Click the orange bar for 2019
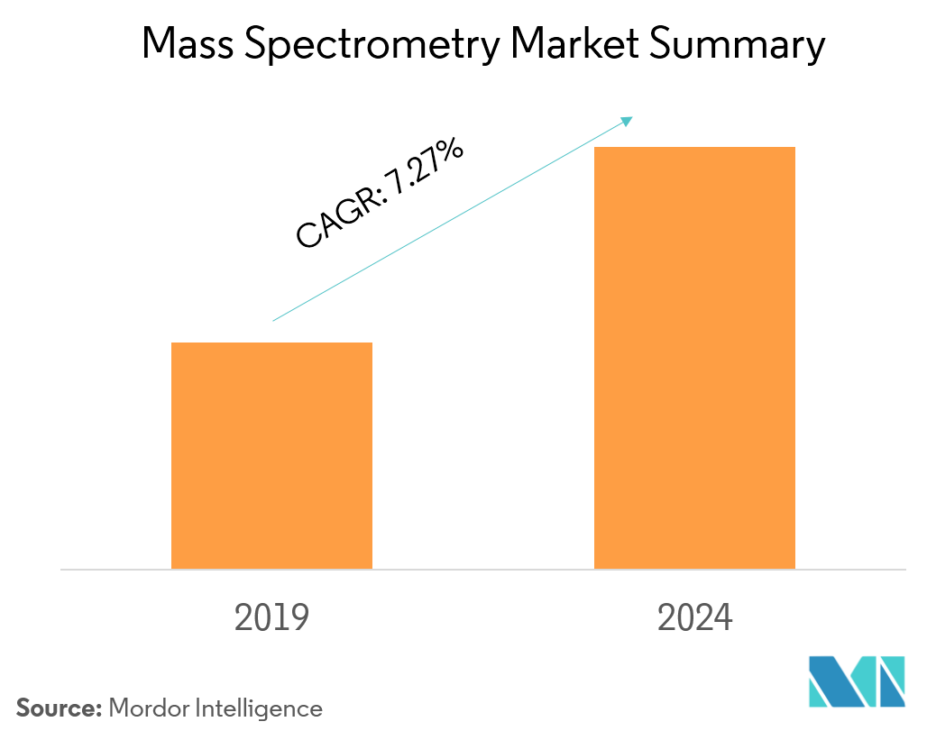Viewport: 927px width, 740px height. pos(271,455)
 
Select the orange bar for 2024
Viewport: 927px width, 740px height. pos(694,358)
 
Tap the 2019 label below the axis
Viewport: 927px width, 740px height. pos(271,618)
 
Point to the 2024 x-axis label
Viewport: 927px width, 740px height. pos(695,618)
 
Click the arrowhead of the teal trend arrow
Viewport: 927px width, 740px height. pos(629,119)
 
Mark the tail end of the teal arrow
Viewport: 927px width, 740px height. pos(274,320)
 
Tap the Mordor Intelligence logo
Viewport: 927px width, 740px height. pos(856,681)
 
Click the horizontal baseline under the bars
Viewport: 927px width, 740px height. pos(482,570)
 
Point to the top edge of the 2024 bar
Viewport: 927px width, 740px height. pos(694,148)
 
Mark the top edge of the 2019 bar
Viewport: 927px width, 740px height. pos(271,343)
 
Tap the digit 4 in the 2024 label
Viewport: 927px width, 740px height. pos(723,618)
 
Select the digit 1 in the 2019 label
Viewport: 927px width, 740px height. pos(282,618)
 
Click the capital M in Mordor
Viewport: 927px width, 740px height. pos(118,708)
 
